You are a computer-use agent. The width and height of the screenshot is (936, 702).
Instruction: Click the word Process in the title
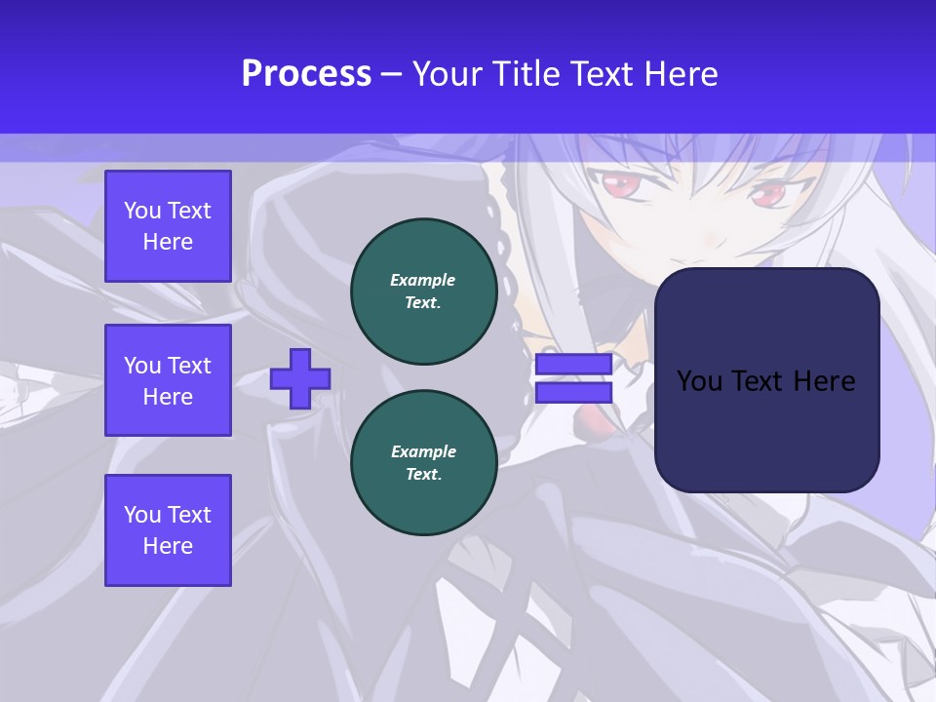[306, 74]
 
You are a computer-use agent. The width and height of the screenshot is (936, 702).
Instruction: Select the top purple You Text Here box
[168, 226]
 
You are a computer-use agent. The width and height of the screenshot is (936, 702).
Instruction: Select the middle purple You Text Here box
[168, 380]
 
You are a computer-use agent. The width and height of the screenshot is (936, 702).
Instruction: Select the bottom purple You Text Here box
[168, 530]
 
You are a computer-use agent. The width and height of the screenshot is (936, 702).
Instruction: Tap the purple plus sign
[300, 378]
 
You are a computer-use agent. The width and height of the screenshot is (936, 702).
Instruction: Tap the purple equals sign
[573, 378]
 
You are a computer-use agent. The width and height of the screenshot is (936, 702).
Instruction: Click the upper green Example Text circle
[423, 292]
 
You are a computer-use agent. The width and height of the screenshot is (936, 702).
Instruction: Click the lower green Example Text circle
[423, 463]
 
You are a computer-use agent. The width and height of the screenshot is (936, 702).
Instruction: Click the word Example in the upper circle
[423, 281]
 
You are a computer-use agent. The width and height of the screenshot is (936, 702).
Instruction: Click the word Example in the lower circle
[423, 452]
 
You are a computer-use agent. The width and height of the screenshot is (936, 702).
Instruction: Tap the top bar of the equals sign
[573, 365]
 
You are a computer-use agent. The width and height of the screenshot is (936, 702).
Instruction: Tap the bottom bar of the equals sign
[573, 392]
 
